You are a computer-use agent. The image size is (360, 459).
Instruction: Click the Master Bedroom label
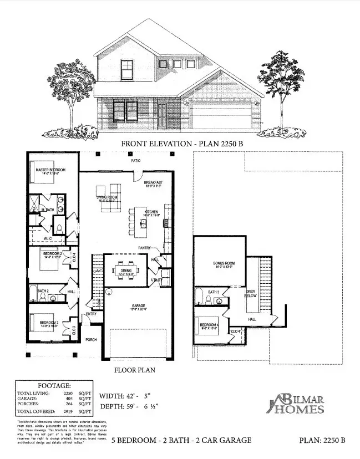[51, 169]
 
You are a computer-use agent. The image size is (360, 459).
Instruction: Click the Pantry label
[146, 248]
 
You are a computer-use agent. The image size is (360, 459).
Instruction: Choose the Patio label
[136, 161]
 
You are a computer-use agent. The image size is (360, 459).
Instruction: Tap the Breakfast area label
[153, 182]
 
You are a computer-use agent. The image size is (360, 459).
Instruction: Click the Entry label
[91, 315]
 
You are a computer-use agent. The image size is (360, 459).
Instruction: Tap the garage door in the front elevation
[220, 118]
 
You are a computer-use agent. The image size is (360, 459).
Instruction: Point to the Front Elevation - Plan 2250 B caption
[182, 144]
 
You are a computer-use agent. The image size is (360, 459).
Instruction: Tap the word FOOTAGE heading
[53, 384]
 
